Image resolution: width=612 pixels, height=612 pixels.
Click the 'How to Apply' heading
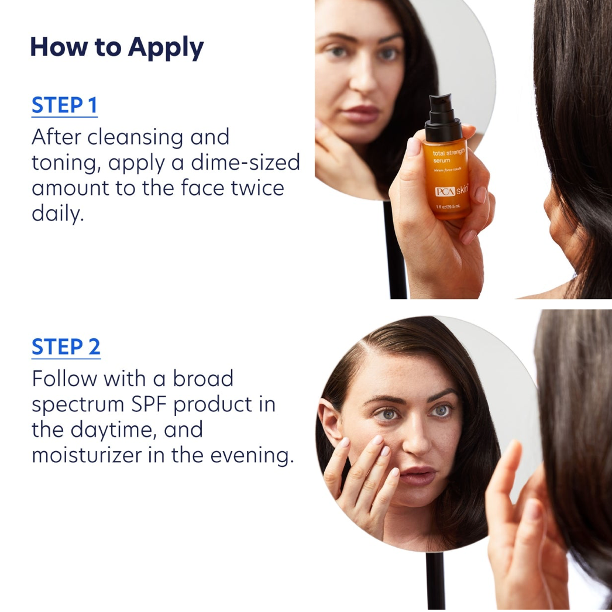116,47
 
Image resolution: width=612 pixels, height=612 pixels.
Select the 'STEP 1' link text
64,105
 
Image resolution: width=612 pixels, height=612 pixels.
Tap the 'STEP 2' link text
66,347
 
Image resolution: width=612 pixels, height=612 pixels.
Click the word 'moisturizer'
94,455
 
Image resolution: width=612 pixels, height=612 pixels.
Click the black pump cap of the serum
443,115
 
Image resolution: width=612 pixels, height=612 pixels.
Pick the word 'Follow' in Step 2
64,379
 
